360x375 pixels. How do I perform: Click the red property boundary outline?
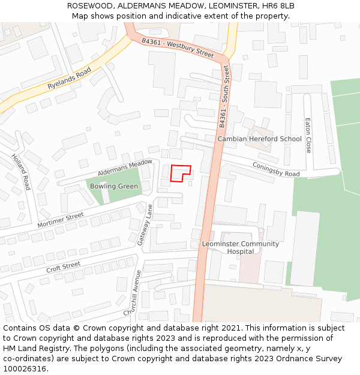click(x=181, y=173)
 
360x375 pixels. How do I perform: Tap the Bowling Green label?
click(x=114, y=186)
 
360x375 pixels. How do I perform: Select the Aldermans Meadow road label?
click(x=125, y=167)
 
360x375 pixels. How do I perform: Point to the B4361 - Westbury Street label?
click(x=178, y=48)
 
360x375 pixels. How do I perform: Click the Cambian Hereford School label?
click(x=259, y=139)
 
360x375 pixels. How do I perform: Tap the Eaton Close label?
click(x=308, y=135)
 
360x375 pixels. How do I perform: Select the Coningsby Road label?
click(x=276, y=169)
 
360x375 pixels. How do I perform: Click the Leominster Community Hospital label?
click(x=240, y=247)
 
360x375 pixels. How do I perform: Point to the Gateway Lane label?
click(x=146, y=224)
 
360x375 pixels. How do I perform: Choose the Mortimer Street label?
click(x=61, y=220)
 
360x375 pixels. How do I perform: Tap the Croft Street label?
click(x=63, y=266)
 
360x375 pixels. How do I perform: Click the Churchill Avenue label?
click(x=133, y=293)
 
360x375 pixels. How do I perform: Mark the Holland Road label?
click(x=20, y=172)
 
